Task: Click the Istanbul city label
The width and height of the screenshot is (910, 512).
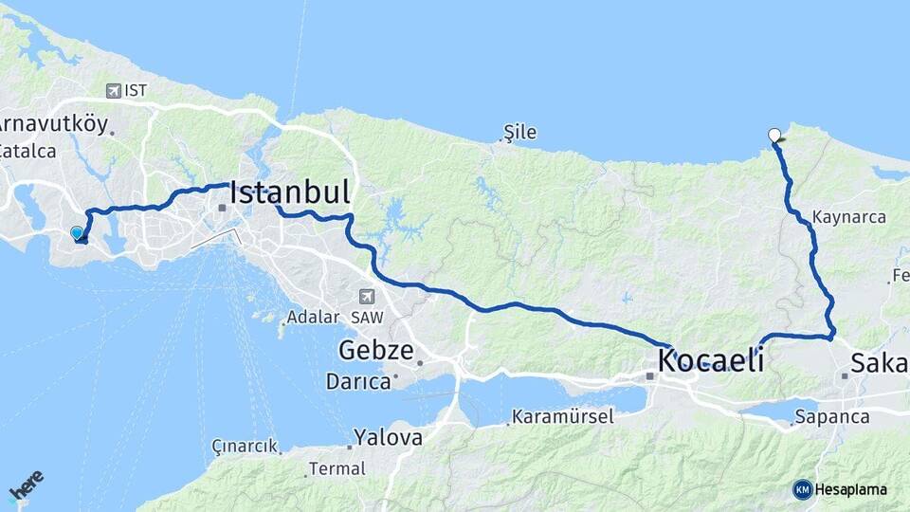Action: (289, 192)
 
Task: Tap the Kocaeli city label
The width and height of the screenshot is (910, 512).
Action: (711, 360)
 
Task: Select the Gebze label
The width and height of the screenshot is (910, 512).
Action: (375, 352)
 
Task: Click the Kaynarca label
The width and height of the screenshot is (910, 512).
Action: (849, 217)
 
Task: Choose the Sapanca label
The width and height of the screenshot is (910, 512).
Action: (832, 416)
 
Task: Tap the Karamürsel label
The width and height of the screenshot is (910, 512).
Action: (563, 416)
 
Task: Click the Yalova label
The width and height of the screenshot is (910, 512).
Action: (388, 438)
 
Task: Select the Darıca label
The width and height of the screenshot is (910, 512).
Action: (358, 382)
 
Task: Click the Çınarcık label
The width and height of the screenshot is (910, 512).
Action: (245, 446)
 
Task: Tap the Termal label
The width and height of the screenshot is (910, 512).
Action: (337, 468)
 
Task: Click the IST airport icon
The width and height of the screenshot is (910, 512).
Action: (115, 91)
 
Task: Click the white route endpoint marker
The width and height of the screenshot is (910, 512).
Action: (775, 136)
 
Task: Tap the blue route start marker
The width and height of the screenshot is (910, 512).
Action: (77, 232)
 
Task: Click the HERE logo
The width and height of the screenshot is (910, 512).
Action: (26, 485)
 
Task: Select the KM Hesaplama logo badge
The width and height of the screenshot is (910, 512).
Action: (840, 489)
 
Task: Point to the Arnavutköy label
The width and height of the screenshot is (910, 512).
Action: (52, 124)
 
